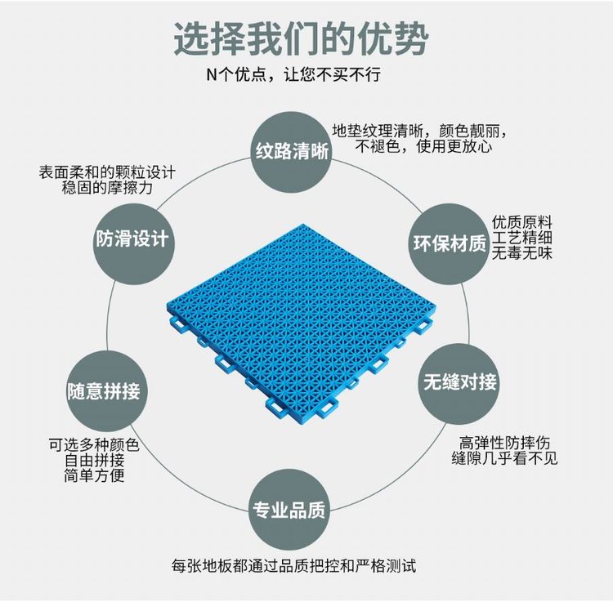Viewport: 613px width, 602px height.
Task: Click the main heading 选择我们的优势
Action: pyautogui.click(x=302, y=38)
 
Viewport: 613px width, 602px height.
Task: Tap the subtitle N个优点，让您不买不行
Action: pyautogui.click(x=293, y=75)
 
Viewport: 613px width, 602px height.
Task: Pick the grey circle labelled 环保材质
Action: pyautogui.click(x=448, y=243)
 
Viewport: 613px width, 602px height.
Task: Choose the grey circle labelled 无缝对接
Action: pyautogui.click(x=459, y=381)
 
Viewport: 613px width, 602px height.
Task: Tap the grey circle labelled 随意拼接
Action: pyautogui.click(x=104, y=390)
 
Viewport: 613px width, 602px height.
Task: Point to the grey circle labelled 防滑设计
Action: pyautogui.click(x=132, y=239)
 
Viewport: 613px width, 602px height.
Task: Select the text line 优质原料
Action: pyautogui.click(x=522, y=222)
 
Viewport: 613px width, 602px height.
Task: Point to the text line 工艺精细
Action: pyautogui.click(x=522, y=238)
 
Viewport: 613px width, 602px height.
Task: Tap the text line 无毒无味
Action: pyautogui.click(x=522, y=253)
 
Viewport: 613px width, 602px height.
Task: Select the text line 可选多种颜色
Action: pyautogui.click(x=94, y=445)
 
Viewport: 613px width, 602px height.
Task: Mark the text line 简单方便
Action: pyautogui.click(x=94, y=476)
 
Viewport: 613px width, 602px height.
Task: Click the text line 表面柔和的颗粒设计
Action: pyautogui.click(x=107, y=172)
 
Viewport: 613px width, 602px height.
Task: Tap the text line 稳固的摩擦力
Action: pyautogui.click(x=107, y=188)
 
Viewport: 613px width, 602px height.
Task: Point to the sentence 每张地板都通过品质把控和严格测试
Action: pyautogui.click(x=294, y=565)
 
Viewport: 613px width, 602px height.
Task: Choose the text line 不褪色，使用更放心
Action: pyautogui.click(x=423, y=147)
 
